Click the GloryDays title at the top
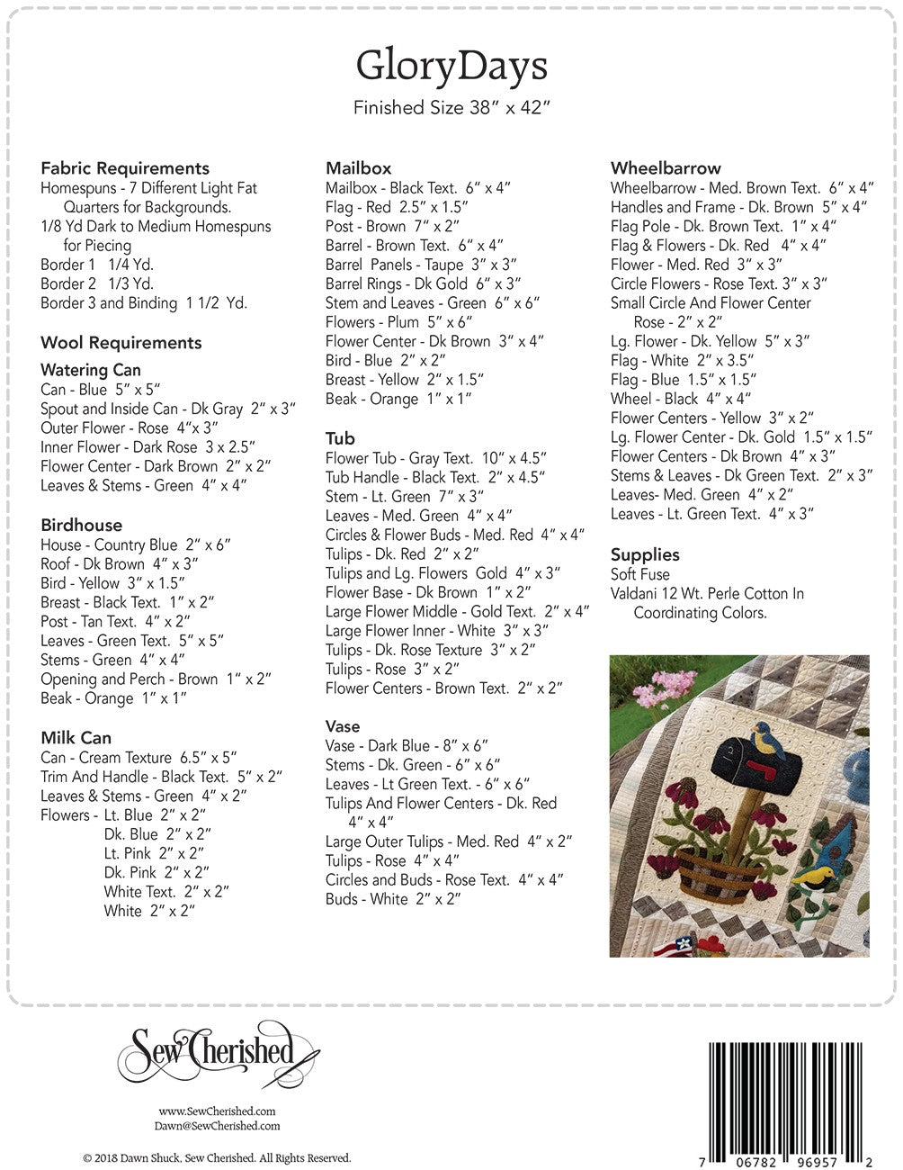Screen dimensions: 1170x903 click(x=451, y=66)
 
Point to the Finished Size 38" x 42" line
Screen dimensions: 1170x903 click(x=451, y=108)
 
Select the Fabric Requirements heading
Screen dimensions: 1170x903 click(x=125, y=168)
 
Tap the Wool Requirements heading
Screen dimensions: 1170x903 click(x=121, y=343)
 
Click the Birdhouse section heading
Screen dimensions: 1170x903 click(x=81, y=525)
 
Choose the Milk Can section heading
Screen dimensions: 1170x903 click(x=76, y=738)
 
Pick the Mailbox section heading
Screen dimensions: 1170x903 click(x=359, y=168)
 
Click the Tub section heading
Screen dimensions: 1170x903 click(x=340, y=438)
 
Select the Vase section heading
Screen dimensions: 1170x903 click(x=343, y=726)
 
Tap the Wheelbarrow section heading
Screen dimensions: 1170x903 click(x=666, y=168)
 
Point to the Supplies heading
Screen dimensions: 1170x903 click(x=645, y=554)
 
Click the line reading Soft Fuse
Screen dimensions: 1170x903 click(x=640, y=574)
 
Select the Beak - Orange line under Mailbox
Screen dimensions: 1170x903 click(x=398, y=399)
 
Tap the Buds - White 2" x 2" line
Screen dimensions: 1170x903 click(x=393, y=899)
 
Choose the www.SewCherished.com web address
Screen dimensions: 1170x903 click(x=217, y=1111)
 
